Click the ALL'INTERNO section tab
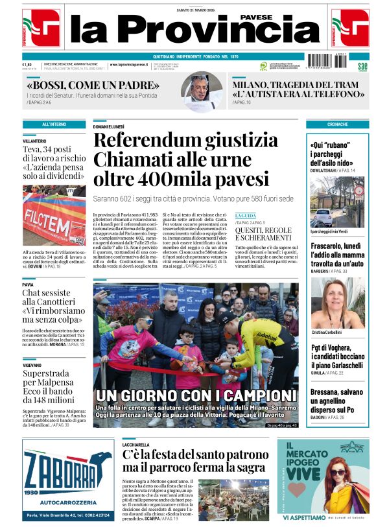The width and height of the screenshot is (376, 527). (54, 124)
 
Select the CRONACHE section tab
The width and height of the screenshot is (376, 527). (337, 124)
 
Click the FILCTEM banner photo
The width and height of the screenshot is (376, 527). (54, 215)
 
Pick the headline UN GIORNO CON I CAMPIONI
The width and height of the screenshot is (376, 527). (196, 395)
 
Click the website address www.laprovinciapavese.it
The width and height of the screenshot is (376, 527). (131, 65)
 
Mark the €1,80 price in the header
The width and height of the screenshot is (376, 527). (27, 64)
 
